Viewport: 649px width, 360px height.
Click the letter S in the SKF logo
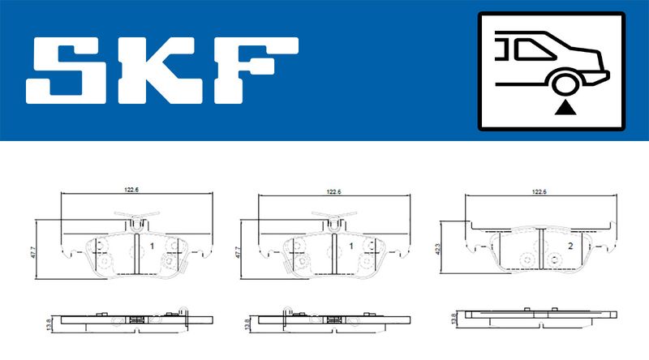(x=67, y=71)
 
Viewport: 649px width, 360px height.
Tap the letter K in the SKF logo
(x=161, y=71)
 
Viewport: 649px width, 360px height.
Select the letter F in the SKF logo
(x=256, y=71)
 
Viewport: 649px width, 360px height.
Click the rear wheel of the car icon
(x=565, y=84)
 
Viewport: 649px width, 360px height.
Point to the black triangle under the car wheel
(x=565, y=108)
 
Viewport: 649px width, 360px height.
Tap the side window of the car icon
(x=532, y=49)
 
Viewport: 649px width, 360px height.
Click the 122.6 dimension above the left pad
(x=131, y=190)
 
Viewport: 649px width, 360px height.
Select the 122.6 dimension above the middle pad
(x=333, y=191)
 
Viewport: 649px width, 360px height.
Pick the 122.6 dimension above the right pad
(x=539, y=191)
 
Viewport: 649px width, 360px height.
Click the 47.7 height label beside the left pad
(x=33, y=252)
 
